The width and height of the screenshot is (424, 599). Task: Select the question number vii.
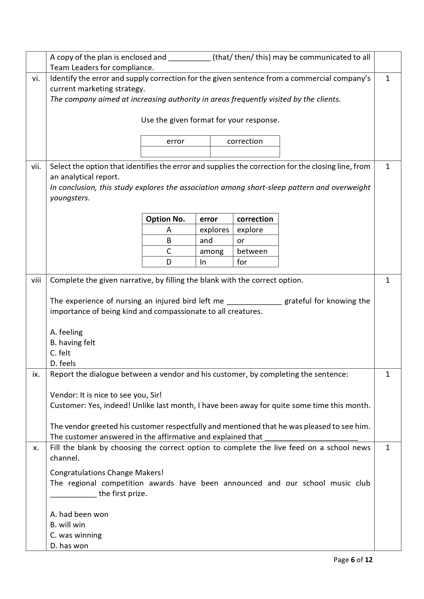click(36, 166)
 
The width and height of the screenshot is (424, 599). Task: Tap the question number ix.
click(36, 374)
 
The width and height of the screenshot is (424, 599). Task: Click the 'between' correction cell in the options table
click(252, 251)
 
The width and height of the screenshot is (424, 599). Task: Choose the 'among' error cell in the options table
click(212, 251)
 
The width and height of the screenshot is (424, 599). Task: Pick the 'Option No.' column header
click(165, 219)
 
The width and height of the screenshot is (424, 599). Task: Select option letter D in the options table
click(169, 262)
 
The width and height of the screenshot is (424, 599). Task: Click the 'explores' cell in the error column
click(214, 230)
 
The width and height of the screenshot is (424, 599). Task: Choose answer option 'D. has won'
click(69, 546)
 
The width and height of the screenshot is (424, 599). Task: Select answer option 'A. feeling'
click(66, 332)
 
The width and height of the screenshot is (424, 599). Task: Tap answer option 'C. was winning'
click(76, 535)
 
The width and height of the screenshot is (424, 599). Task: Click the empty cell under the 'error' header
click(175, 152)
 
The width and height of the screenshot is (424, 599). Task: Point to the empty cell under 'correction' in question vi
click(245, 152)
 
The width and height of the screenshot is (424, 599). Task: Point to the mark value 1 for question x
click(387, 448)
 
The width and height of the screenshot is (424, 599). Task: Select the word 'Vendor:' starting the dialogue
click(64, 395)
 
